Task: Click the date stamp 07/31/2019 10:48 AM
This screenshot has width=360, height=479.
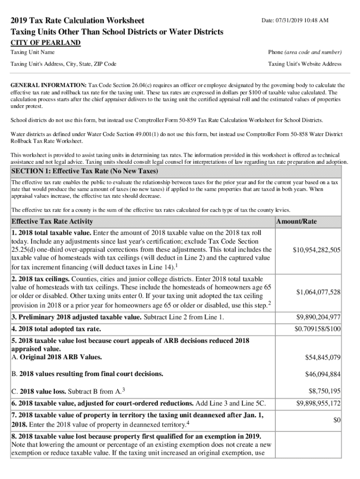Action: pyautogui.click(x=295, y=21)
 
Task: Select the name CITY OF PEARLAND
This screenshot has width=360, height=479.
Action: pyautogui.click(x=45, y=43)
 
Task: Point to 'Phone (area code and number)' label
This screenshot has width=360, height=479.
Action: pyautogui.click(x=304, y=52)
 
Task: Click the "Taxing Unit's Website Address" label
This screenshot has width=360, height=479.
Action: pyautogui.click(x=304, y=64)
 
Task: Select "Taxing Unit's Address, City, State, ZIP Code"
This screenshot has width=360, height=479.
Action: pyautogui.click(x=64, y=64)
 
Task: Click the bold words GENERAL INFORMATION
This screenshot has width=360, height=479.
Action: pyautogui.click(x=49, y=86)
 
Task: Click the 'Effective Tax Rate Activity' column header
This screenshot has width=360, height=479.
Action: pyautogui.click(x=52, y=221)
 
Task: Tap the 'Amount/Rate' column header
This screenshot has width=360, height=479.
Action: pyautogui.click(x=296, y=221)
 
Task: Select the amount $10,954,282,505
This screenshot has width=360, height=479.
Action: pyautogui.click(x=316, y=250)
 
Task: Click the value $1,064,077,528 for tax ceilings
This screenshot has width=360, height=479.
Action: pyautogui.click(x=318, y=292)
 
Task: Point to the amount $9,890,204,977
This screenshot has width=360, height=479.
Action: pyautogui.click(x=318, y=318)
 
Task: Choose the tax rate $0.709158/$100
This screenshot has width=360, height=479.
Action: pyautogui.click(x=317, y=329)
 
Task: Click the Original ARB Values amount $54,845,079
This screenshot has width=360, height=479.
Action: pyautogui.click(x=323, y=357)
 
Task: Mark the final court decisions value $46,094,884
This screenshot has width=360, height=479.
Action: pyautogui.click(x=323, y=374)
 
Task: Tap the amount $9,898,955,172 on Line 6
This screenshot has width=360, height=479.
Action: pyautogui.click(x=318, y=403)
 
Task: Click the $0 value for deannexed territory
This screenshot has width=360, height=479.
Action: pyautogui.click(x=336, y=421)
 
